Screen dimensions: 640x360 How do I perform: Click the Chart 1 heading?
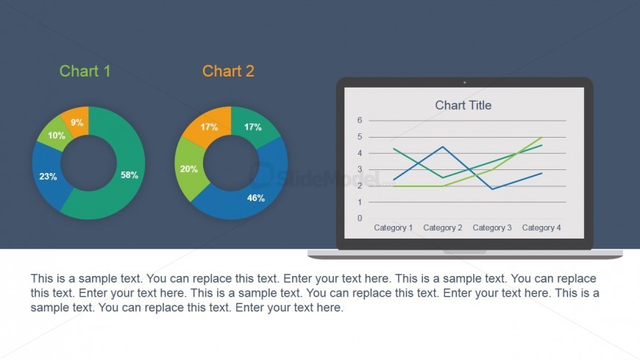click(85, 71)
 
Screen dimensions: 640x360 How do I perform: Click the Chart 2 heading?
click(228, 71)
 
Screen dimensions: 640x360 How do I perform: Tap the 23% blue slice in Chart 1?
click(49, 176)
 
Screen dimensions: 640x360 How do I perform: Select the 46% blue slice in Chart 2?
click(253, 192)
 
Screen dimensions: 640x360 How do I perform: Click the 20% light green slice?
click(189, 169)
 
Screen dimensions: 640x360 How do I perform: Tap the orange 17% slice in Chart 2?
click(209, 127)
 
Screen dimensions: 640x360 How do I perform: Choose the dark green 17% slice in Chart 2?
click(253, 127)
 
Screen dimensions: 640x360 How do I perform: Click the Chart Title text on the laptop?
click(463, 105)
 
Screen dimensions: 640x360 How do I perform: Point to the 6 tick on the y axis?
click(360, 120)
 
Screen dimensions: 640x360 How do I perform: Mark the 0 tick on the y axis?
click(360, 218)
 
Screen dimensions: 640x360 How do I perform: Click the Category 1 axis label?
click(393, 227)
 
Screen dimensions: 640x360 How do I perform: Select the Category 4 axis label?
click(541, 227)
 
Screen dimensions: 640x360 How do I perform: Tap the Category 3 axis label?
click(492, 227)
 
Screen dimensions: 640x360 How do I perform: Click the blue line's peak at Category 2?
click(443, 147)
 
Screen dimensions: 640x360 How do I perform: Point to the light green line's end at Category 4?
click(541, 137)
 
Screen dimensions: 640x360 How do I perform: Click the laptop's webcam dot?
click(464, 82)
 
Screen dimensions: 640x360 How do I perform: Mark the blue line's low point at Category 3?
click(492, 188)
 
